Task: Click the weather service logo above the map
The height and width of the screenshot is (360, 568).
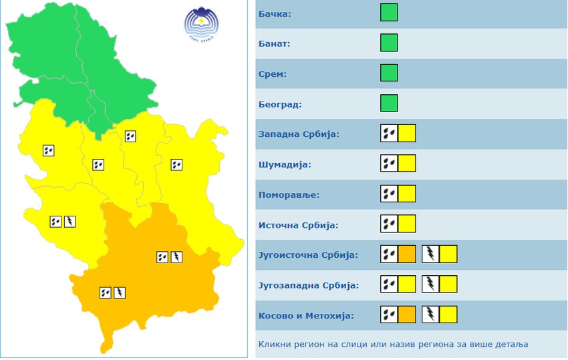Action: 201,25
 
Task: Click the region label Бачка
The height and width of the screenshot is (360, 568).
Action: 275,13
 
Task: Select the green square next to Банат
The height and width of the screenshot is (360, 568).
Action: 389,43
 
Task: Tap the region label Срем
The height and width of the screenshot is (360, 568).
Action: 273,73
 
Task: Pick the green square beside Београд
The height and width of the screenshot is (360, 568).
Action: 389,103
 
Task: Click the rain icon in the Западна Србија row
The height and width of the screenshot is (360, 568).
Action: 389,133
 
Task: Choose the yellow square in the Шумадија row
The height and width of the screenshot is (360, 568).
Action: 407,164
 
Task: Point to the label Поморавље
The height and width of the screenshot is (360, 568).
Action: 289,195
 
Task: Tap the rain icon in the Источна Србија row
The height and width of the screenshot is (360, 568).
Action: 389,224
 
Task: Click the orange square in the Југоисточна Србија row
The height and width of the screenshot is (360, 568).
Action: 407,254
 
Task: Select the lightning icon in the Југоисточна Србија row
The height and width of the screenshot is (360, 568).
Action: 430,254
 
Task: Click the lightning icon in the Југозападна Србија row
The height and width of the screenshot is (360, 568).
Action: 430,285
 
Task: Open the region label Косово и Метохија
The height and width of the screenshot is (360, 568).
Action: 305,315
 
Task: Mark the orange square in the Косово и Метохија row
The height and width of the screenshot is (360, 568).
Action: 407,315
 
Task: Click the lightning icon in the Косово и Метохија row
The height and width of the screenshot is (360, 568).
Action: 430,315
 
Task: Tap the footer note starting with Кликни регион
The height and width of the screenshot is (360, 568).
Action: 393,345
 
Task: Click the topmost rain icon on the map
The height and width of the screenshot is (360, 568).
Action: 131,136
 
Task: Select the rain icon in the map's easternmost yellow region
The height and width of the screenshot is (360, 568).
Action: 176,164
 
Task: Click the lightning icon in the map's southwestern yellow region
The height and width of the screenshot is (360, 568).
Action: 69,221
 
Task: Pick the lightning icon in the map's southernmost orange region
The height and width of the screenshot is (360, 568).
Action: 120,292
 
